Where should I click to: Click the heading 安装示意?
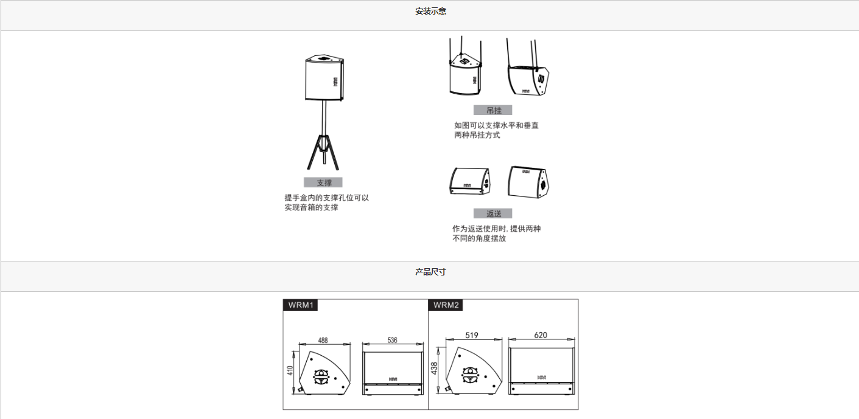[x=430, y=11]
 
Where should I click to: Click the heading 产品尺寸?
[x=430, y=272]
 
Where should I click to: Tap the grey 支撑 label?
[x=323, y=182]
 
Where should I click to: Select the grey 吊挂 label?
[x=493, y=110]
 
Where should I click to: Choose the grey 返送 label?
[x=493, y=213]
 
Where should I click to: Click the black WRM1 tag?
[x=300, y=305]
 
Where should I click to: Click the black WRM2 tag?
[x=446, y=305]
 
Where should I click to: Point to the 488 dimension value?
[x=323, y=340]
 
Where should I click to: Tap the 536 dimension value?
[x=392, y=340]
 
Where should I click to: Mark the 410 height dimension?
[x=290, y=370]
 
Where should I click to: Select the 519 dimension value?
[x=472, y=335]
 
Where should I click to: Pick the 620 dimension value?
[x=541, y=335]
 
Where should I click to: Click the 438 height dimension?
[x=434, y=369]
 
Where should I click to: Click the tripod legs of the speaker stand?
[x=323, y=152]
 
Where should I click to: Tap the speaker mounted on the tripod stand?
[x=324, y=78]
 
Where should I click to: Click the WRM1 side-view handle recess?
[x=321, y=377]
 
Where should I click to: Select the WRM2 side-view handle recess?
[x=470, y=375]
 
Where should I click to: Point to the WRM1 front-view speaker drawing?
[x=393, y=373]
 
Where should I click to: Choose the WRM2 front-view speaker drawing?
[x=541, y=371]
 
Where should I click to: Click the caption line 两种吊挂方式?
[x=477, y=135]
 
